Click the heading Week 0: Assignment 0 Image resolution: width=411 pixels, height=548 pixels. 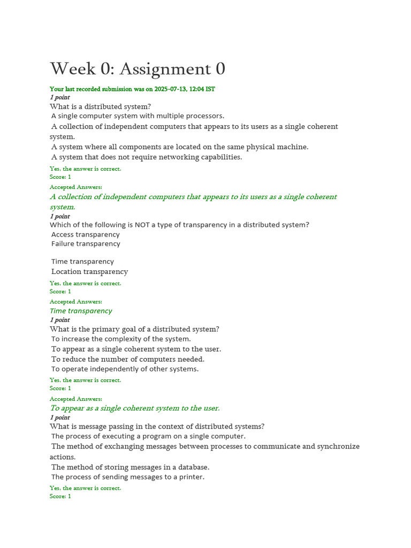point(138,69)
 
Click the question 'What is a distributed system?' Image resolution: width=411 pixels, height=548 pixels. point(101,106)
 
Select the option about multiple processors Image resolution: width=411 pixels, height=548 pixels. point(138,116)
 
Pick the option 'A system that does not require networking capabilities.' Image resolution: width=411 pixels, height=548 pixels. point(147,157)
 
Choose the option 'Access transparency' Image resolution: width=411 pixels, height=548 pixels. point(86,234)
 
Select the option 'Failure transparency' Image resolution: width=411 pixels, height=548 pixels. point(86,243)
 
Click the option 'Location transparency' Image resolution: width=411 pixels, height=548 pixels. point(89,271)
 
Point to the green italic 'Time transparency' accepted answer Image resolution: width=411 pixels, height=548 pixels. point(81,311)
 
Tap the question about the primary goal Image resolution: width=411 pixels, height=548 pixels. point(134,329)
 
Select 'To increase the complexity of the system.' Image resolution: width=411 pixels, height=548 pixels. point(121,339)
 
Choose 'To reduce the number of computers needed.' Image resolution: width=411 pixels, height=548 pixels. point(128,359)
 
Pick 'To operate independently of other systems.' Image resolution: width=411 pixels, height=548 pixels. point(125,369)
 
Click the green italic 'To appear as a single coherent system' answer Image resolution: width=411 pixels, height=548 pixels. point(135,408)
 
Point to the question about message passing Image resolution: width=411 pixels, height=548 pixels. point(157,427)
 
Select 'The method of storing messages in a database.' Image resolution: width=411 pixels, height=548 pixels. point(130,467)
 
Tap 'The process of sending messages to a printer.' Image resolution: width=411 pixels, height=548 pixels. point(128,477)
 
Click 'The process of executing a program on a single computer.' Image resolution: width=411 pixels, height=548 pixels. point(141,436)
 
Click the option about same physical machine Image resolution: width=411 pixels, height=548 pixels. point(180,147)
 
